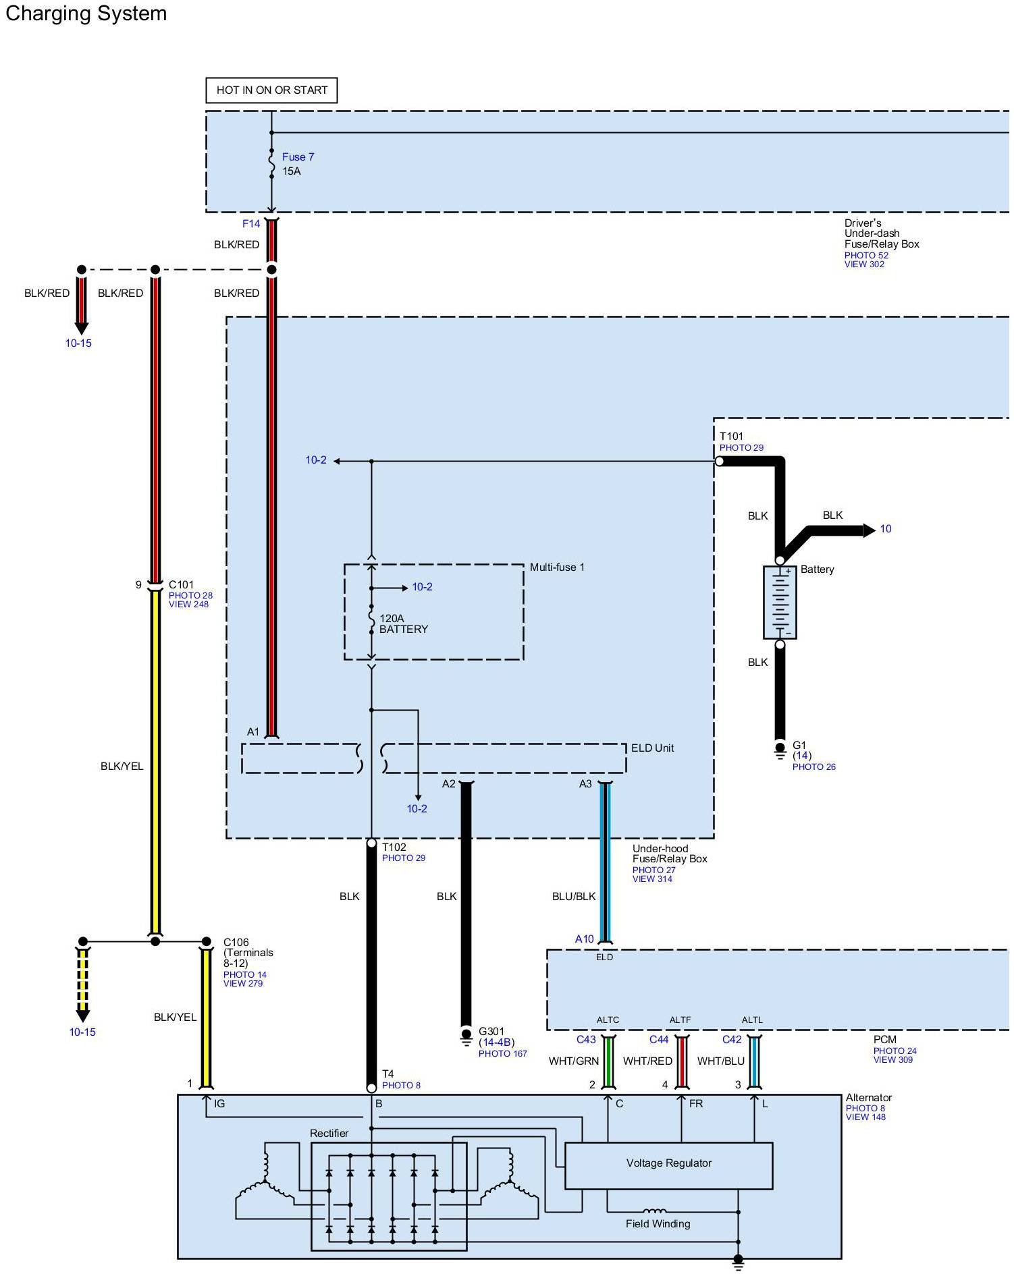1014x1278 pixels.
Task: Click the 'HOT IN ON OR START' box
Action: pyautogui.click(x=271, y=90)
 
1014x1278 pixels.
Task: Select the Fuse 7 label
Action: pyautogui.click(x=298, y=157)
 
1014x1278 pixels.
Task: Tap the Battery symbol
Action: pyautogui.click(x=780, y=602)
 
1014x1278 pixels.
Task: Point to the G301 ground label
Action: pyautogui.click(x=491, y=1031)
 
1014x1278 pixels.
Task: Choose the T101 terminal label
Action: pyautogui.click(x=731, y=437)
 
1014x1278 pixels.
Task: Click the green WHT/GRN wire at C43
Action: pyautogui.click(x=608, y=1062)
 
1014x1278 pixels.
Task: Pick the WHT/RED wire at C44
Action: pyautogui.click(x=682, y=1062)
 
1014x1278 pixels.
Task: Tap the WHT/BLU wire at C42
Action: pyautogui.click(x=755, y=1062)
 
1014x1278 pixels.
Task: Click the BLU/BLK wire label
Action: pyautogui.click(x=574, y=896)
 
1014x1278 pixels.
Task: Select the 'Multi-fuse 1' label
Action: pyautogui.click(x=557, y=567)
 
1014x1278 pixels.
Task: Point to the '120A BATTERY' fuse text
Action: pyautogui.click(x=404, y=623)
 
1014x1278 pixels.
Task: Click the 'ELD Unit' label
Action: pyautogui.click(x=652, y=748)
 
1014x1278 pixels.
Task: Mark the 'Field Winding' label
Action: pyautogui.click(x=658, y=1223)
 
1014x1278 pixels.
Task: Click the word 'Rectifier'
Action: pyautogui.click(x=329, y=1133)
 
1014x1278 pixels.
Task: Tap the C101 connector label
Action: pyautogui.click(x=181, y=584)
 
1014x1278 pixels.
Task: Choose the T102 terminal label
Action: pyautogui.click(x=394, y=847)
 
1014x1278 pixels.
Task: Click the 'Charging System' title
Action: pyautogui.click(x=86, y=13)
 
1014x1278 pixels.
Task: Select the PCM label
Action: pyautogui.click(x=884, y=1039)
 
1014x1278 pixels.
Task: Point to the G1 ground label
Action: pyautogui.click(x=799, y=746)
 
